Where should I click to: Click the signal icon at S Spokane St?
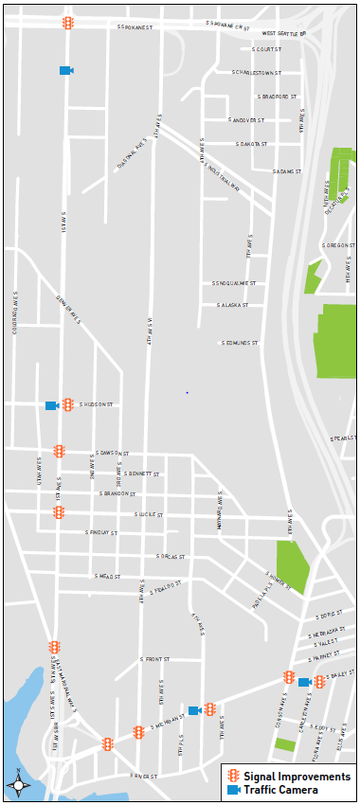point(68,23)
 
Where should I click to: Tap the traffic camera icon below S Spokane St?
point(65,70)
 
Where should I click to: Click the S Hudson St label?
point(97,404)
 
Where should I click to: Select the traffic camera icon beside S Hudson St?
point(51,405)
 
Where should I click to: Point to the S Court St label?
point(267,49)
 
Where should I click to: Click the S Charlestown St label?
point(258,72)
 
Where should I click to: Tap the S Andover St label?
point(248,120)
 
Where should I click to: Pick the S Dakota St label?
point(252,144)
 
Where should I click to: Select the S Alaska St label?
point(232,306)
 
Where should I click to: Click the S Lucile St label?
point(152,514)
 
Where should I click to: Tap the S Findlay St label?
point(101,533)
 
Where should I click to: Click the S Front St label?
point(154,659)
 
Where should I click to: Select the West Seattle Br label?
point(284,34)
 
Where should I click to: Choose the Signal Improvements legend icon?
point(233,777)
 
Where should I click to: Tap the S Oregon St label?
point(337,245)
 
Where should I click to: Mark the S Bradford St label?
point(278,96)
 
